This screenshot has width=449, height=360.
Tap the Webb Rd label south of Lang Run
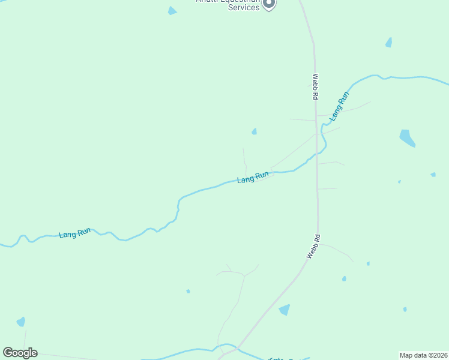313,246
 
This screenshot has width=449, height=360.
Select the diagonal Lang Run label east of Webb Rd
339,104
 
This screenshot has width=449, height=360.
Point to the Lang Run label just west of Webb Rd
253,178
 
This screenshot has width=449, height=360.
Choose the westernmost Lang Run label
75,232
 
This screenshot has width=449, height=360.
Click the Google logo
20,353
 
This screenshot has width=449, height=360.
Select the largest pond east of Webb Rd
407,137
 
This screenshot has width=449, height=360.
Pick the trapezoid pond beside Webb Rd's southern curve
285,310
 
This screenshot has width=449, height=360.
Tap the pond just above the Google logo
21,322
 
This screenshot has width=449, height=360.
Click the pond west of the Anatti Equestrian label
172,11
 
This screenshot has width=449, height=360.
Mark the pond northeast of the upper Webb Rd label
389,43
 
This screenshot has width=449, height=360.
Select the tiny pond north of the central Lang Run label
255,131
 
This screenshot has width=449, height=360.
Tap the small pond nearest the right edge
433,175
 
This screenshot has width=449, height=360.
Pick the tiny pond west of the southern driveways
188,292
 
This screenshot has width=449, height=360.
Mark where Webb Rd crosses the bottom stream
237,347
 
